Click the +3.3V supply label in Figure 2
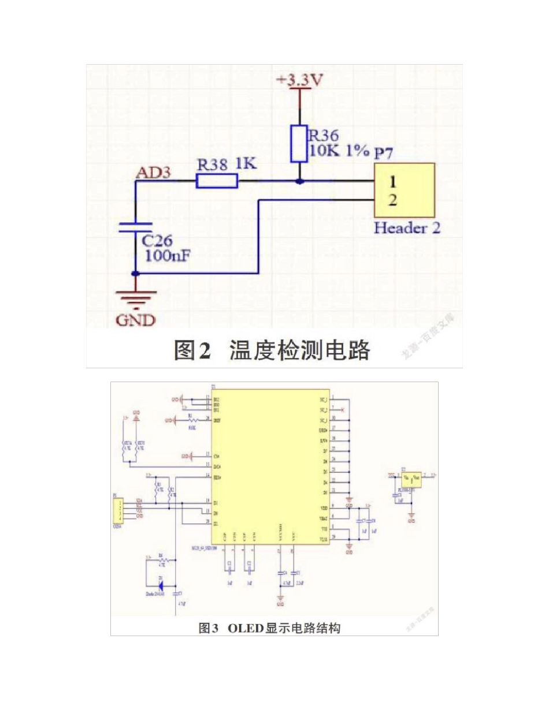pos(299,81)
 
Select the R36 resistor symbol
pos(299,143)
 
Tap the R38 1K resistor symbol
pos(217,181)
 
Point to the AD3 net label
pos(153,172)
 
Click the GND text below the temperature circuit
pos(136,320)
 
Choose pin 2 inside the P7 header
pos(392,200)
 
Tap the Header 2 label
pos(407,227)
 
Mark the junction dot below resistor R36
pos(299,181)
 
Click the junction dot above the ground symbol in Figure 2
pos(136,274)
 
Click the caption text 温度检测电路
pos(299,350)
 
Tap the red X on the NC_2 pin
pos(343,410)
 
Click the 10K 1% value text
pos(339,151)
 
